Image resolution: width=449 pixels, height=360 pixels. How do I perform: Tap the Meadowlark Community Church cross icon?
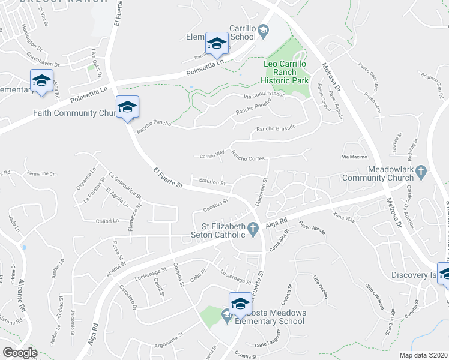tap(421, 171)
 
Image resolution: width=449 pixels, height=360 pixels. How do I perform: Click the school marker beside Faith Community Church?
tap(127, 107)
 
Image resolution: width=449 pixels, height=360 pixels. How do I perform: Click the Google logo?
tap(20, 352)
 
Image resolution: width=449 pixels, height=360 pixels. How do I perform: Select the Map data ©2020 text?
tap(424, 355)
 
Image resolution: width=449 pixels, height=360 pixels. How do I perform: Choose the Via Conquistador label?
tap(264, 95)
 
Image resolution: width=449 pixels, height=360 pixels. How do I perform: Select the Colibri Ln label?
tap(109, 221)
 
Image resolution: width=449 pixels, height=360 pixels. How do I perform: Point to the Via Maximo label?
tap(354, 157)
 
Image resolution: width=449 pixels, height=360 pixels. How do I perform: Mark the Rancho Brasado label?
tap(276, 128)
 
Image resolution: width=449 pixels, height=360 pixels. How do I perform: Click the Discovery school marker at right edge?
tap(445, 273)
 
